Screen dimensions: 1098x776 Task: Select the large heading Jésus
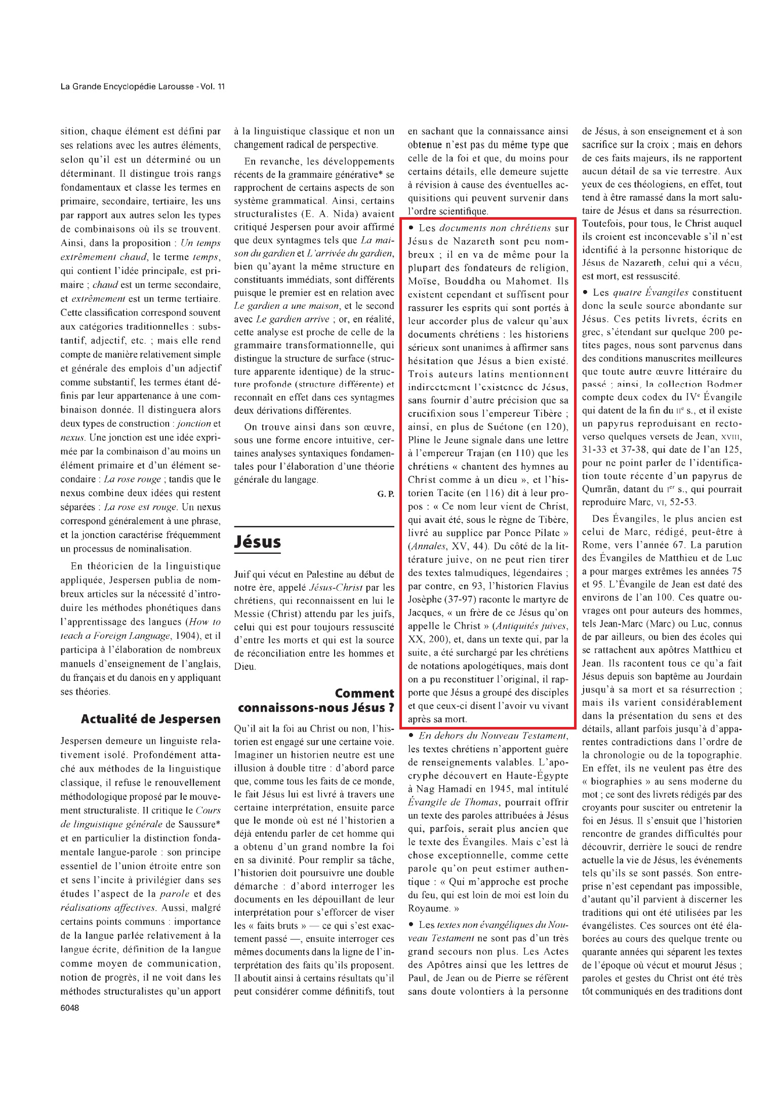257,542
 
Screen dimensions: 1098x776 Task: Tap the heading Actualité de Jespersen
151,719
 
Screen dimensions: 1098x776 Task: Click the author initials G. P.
385,494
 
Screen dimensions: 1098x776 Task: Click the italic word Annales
427,546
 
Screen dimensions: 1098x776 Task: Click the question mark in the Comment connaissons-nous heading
390,708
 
